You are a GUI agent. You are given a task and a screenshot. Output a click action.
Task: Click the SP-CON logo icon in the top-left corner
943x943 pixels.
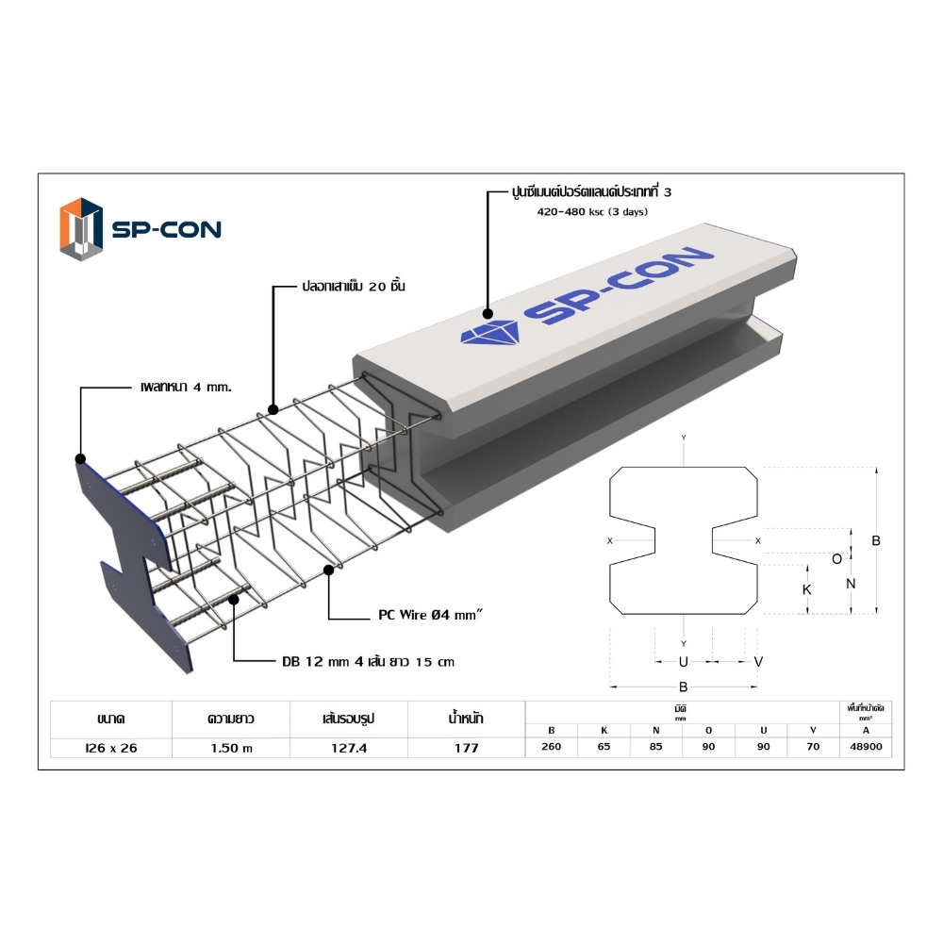tap(81, 229)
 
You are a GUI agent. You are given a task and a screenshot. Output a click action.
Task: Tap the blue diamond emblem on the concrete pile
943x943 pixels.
tap(489, 333)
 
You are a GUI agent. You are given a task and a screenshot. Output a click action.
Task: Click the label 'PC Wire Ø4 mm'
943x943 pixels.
tap(429, 615)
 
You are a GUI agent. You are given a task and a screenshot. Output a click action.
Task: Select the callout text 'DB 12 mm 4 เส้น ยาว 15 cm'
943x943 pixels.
tap(368, 662)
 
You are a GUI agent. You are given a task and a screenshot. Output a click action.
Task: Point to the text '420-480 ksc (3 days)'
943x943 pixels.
tap(592, 211)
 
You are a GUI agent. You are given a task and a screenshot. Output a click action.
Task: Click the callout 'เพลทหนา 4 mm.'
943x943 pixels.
tap(186, 388)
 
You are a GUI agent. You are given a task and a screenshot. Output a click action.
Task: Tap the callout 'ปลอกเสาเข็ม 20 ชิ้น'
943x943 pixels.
tap(354, 287)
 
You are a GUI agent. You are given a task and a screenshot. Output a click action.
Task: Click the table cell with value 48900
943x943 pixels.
tap(866, 746)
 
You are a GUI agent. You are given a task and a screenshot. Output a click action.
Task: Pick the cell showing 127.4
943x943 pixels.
tap(349, 748)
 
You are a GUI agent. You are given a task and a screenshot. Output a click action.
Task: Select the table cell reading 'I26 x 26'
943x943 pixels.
tap(111, 748)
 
